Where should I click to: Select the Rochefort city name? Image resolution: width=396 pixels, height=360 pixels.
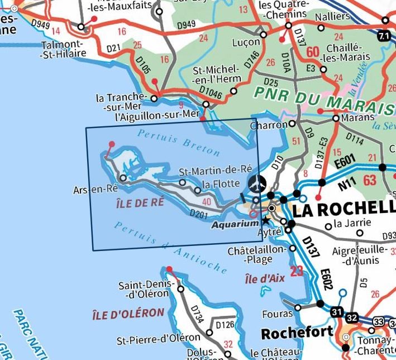point(297,333)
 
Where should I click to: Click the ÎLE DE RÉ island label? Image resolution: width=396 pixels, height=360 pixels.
point(141,202)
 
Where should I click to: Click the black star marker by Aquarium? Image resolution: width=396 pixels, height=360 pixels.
point(265,221)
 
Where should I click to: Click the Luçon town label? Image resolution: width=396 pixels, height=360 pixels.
point(245,42)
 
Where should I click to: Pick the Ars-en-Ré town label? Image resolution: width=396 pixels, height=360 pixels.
point(96,190)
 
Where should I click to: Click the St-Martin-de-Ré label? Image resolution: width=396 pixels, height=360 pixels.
point(216,170)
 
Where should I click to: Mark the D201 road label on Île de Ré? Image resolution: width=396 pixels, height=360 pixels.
point(199,213)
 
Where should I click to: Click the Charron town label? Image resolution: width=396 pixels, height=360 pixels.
point(268,126)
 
